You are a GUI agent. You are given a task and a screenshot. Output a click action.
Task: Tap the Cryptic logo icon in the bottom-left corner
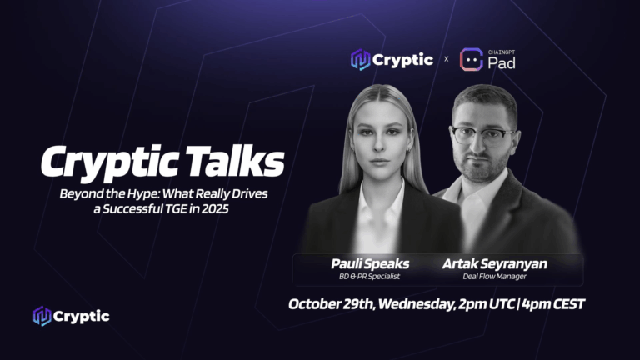[x=42, y=316]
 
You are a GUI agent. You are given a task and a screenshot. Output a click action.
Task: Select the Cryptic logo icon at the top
[x=360, y=59]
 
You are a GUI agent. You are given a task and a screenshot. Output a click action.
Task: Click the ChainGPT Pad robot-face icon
[x=472, y=59]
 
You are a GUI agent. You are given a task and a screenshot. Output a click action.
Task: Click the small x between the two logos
[x=446, y=59]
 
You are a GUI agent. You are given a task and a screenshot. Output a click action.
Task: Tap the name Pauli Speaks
[x=370, y=263]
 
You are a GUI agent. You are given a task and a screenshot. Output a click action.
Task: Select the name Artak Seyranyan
[x=494, y=263]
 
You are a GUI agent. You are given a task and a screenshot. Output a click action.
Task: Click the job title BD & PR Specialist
[x=370, y=276]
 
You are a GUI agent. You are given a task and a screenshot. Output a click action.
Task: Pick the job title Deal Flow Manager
[x=494, y=276]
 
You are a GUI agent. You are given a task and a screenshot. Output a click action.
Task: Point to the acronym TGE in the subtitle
[x=166, y=208]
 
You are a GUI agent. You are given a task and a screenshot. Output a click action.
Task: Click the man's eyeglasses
[x=482, y=134]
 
